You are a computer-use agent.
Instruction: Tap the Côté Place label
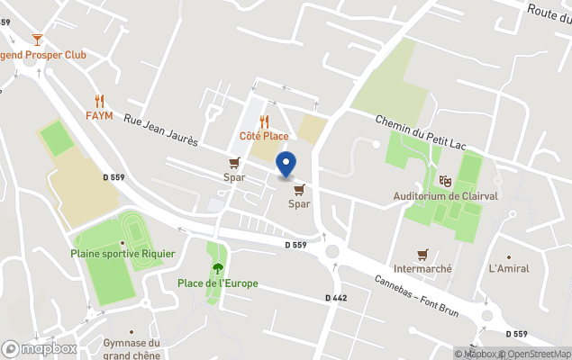tap(264, 136)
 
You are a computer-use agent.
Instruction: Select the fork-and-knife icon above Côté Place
tap(264, 121)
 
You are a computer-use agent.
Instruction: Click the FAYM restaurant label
tap(99, 116)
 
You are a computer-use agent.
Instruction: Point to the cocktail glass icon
tap(37, 39)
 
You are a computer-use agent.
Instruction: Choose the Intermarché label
tap(422, 268)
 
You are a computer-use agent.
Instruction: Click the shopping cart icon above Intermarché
tap(422, 254)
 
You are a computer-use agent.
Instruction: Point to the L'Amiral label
tap(509, 268)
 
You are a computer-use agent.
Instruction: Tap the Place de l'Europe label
tap(217, 283)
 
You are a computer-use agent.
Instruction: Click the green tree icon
tap(217, 267)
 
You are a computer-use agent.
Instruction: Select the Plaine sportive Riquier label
tap(123, 254)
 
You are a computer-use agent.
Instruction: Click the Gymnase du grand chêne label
tap(131, 347)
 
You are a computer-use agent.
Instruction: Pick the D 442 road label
tap(336, 298)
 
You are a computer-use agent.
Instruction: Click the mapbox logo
tap(40, 348)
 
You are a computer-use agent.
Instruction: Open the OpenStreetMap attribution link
tap(538, 353)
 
